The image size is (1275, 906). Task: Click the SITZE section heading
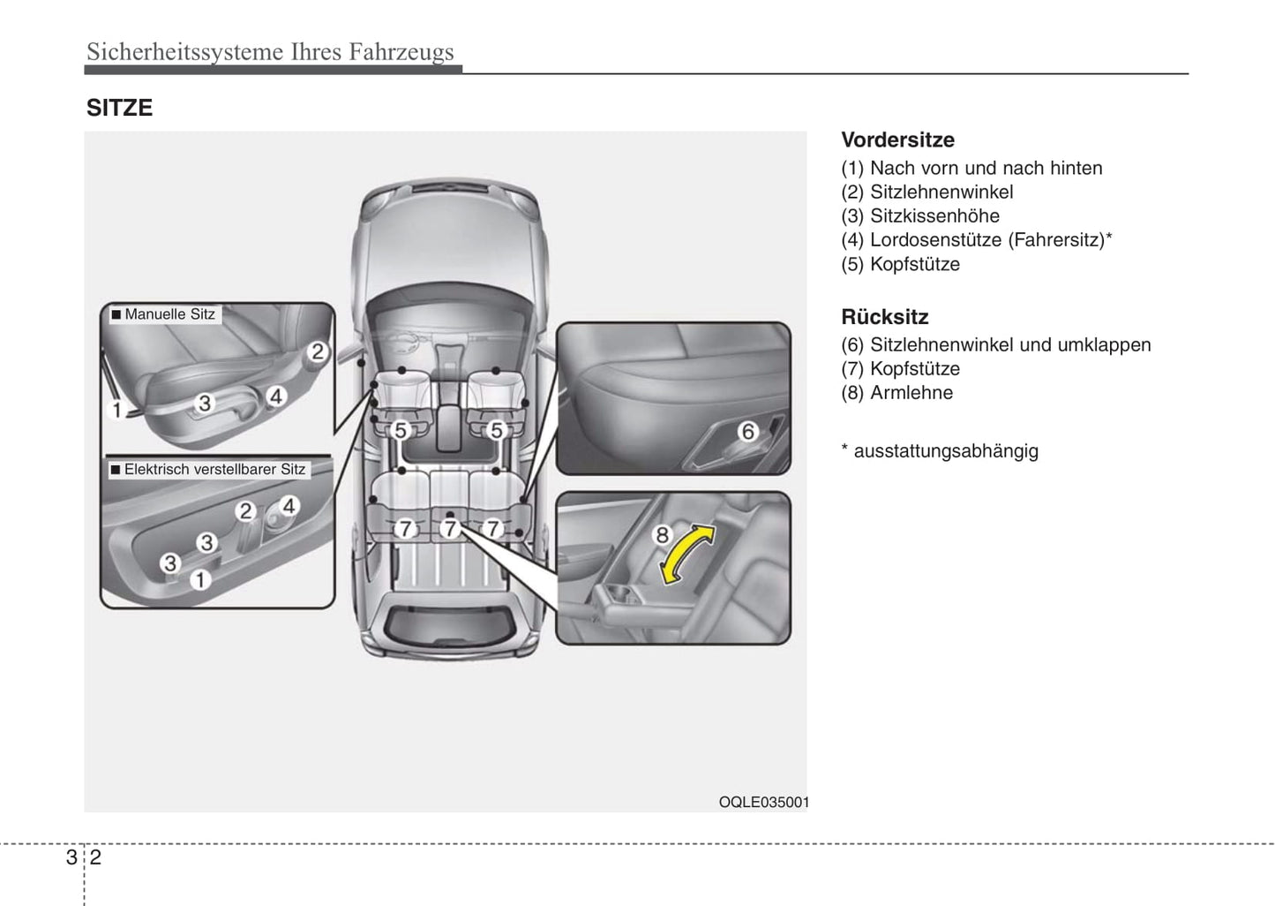[119, 108]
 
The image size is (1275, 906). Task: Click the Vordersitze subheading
[897, 140]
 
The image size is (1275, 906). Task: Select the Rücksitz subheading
[884, 317]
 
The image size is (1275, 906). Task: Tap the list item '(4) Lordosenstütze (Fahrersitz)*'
[976, 239]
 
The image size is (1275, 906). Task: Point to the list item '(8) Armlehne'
[896, 393]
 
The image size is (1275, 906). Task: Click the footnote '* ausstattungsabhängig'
[939, 450]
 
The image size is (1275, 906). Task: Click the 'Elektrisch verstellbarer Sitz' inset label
[208, 470]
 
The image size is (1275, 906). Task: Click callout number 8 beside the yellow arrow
[662, 534]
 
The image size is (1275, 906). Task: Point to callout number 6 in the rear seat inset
[748, 431]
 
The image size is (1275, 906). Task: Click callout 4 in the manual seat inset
[275, 396]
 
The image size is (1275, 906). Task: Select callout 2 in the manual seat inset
[317, 352]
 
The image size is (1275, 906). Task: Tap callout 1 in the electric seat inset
[200, 579]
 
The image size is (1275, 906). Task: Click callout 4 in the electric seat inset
[289, 506]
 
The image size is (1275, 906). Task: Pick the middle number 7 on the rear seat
[450, 529]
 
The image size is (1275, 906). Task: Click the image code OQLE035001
[763, 802]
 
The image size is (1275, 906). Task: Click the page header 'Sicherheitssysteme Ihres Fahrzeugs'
[270, 51]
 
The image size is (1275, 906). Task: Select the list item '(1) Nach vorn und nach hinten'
[971, 168]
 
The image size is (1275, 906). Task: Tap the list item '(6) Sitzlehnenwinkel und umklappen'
[995, 345]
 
